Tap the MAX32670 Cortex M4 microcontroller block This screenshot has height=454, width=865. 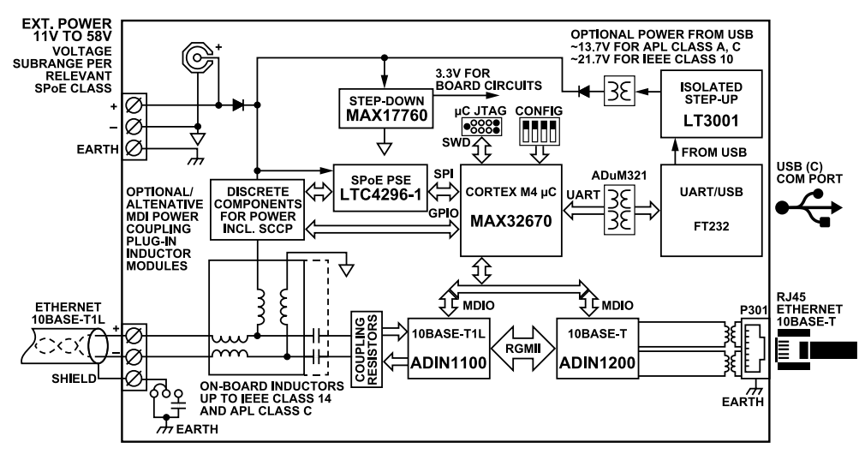510,210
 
